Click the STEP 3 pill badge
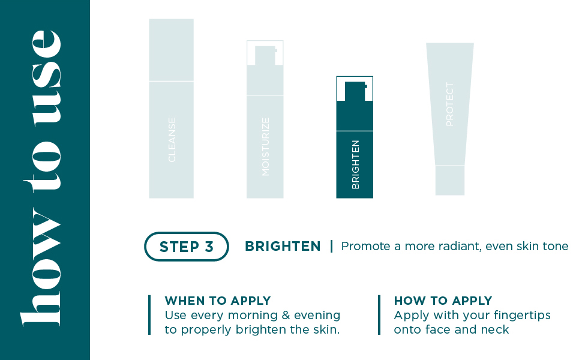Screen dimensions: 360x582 pos(187,247)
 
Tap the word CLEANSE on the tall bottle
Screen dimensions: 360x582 pos(172,140)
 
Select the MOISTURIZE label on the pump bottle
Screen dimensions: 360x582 pos(266,146)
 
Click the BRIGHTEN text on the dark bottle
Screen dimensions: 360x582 pos(355,164)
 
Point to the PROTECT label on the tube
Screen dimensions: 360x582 pos(450,104)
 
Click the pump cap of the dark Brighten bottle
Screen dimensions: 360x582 pos(355,91)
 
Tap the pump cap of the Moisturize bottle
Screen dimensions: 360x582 pos(265,55)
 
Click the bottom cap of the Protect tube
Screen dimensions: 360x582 pos(450,181)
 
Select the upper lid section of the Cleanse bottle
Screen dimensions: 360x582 pos(172,50)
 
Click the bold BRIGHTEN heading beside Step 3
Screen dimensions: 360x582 pos(283,247)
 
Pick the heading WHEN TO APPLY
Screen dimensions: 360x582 pos(218,301)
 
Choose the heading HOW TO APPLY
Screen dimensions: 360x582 pos(443,301)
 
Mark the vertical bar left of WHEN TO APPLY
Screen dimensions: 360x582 pos(149,315)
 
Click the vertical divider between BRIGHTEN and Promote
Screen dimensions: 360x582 pos(331,247)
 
